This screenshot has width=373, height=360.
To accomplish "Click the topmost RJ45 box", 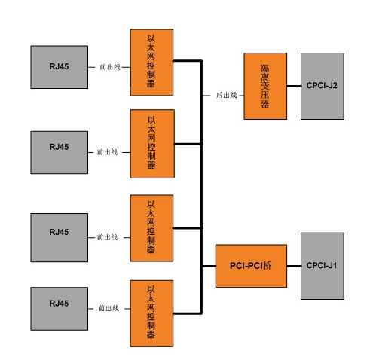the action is (x=60, y=67).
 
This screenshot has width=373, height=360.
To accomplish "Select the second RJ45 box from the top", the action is (x=60, y=152).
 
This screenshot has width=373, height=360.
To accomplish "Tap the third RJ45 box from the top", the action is (x=60, y=238).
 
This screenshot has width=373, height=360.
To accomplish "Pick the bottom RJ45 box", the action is (x=60, y=309).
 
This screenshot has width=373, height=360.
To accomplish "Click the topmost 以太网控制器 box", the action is (x=151, y=63).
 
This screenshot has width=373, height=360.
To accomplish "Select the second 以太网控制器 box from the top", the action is (x=152, y=144).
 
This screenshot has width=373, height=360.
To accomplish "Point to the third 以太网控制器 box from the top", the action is (x=151, y=228).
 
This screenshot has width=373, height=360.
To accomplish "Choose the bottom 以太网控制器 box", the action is (x=151, y=313).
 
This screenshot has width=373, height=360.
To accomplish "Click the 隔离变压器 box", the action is (x=265, y=86).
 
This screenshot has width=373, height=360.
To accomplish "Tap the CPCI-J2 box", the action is (x=323, y=86).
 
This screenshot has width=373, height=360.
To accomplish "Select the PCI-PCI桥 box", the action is (x=251, y=266).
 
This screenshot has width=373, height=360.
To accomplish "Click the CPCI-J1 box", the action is (x=323, y=266).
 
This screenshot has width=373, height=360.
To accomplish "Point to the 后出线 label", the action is (x=226, y=95).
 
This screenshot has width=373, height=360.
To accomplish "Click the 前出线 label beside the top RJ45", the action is (x=110, y=67).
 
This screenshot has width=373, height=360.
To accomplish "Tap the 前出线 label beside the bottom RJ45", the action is (x=109, y=308).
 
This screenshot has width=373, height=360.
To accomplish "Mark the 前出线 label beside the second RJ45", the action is (x=107, y=152).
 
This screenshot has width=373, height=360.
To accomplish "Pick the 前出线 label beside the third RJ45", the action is (x=107, y=237).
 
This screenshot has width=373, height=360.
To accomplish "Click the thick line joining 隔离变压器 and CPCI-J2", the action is (x=294, y=86).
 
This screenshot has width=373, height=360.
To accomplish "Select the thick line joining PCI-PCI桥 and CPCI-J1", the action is (x=294, y=266).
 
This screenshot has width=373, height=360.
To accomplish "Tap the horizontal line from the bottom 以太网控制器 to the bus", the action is (x=187, y=313).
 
